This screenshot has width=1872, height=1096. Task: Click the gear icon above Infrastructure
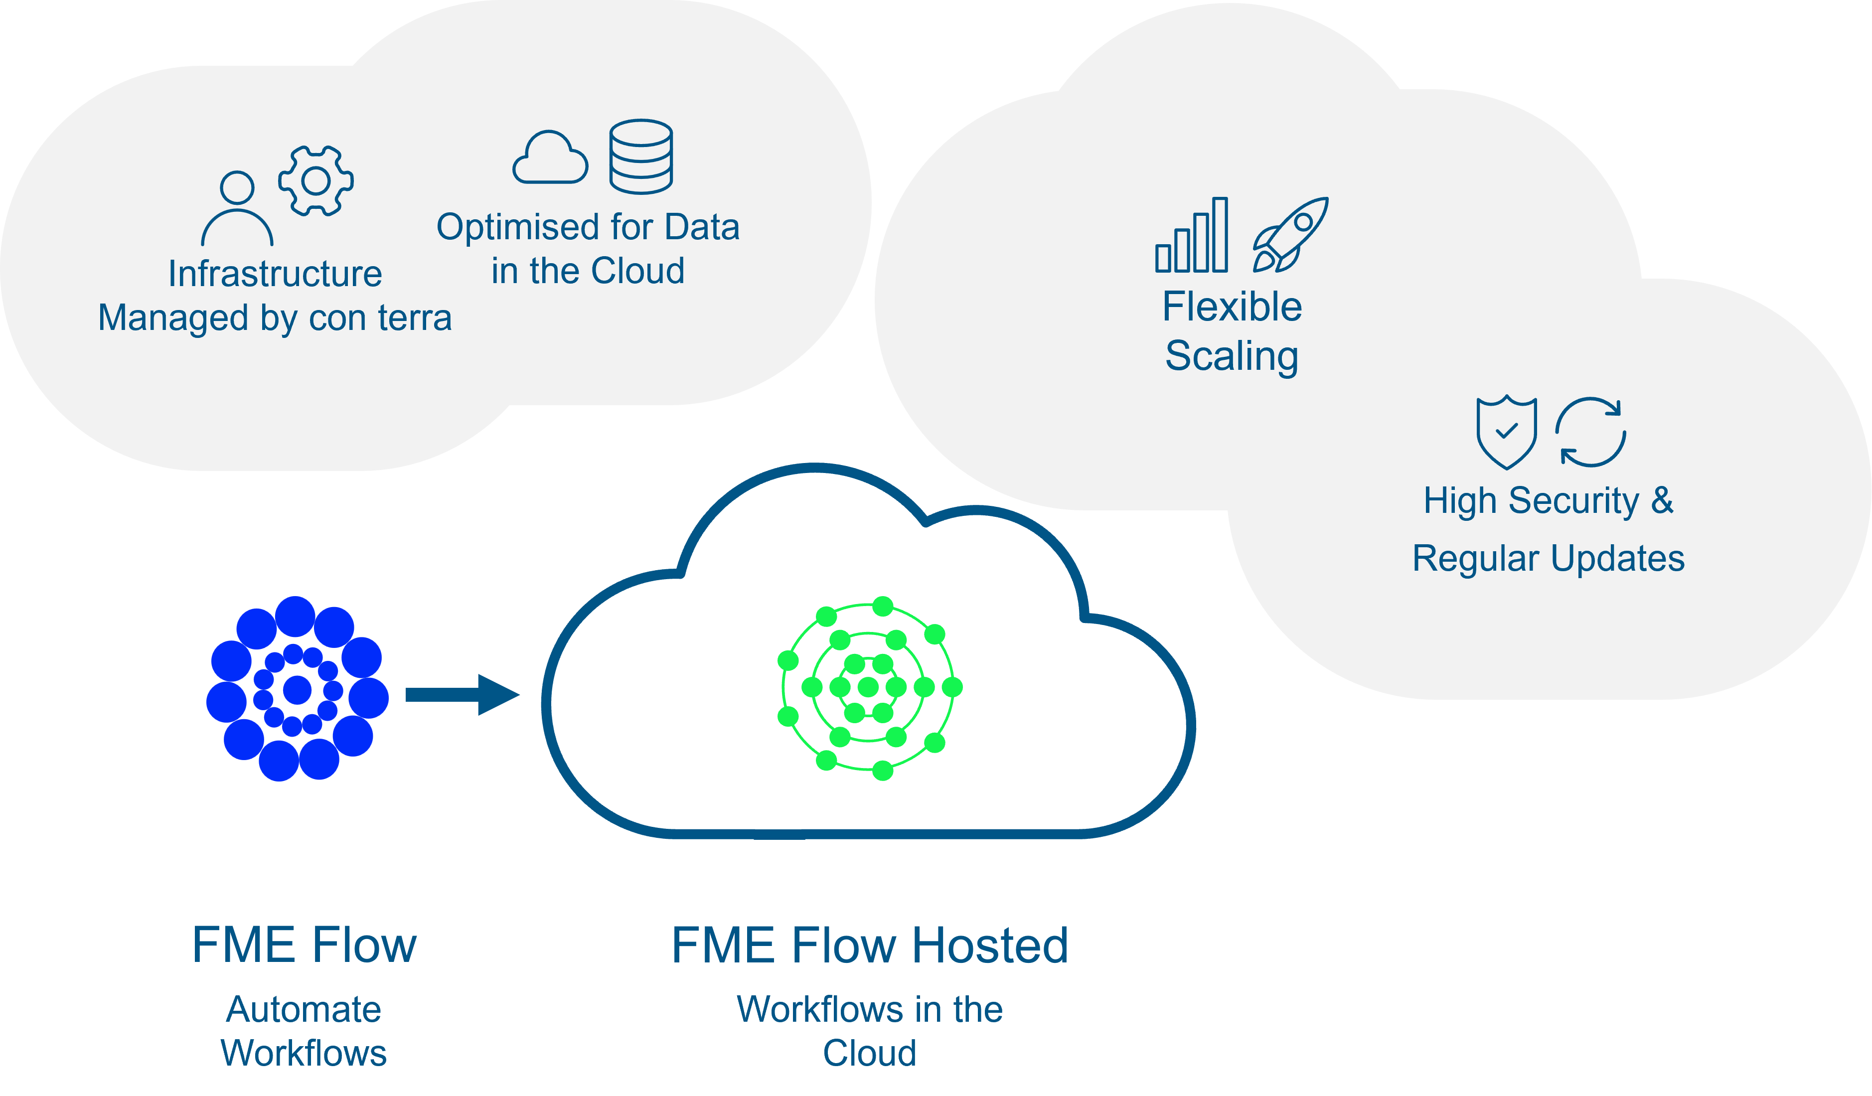coord(315,180)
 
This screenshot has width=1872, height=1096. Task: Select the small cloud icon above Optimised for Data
coord(550,158)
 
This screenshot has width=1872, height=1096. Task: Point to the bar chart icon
coord(1192,236)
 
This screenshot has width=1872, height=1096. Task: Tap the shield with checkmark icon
coord(1506,432)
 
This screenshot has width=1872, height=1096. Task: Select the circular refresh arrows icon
coord(1590,432)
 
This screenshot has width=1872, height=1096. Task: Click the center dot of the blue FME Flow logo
coord(297,690)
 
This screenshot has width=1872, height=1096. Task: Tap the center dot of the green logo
coord(868,687)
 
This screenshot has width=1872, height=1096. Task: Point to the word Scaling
coord(1231,356)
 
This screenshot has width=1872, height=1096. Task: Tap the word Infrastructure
coord(275,274)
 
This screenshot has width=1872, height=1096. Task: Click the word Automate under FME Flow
coord(304,1009)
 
